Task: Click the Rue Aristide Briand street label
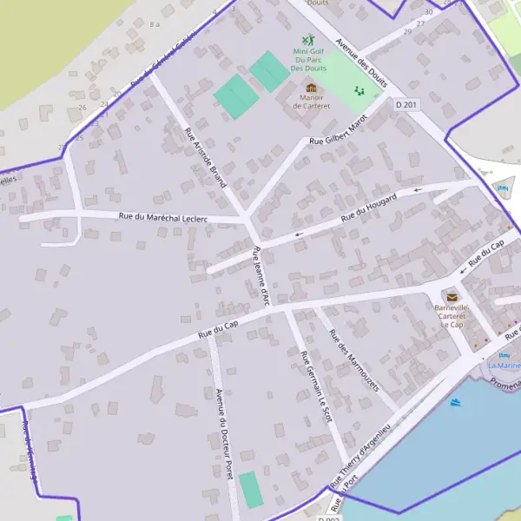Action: click(x=206, y=158)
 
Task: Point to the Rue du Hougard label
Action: click(x=368, y=207)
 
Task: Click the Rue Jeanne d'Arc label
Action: click(x=260, y=276)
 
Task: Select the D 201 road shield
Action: click(x=406, y=104)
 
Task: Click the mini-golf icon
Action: click(x=307, y=40)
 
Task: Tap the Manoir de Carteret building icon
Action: click(x=311, y=88)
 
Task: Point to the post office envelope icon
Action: click(x=452, y=297)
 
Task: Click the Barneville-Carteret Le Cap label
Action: click(x=452, y=317)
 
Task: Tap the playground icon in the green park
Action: click(x=359, y=90)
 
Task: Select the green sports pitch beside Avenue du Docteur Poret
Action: click(x=250, y=490)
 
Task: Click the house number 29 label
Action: click(x=409, y=33)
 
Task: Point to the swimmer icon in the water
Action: click(x=456, y=402)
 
